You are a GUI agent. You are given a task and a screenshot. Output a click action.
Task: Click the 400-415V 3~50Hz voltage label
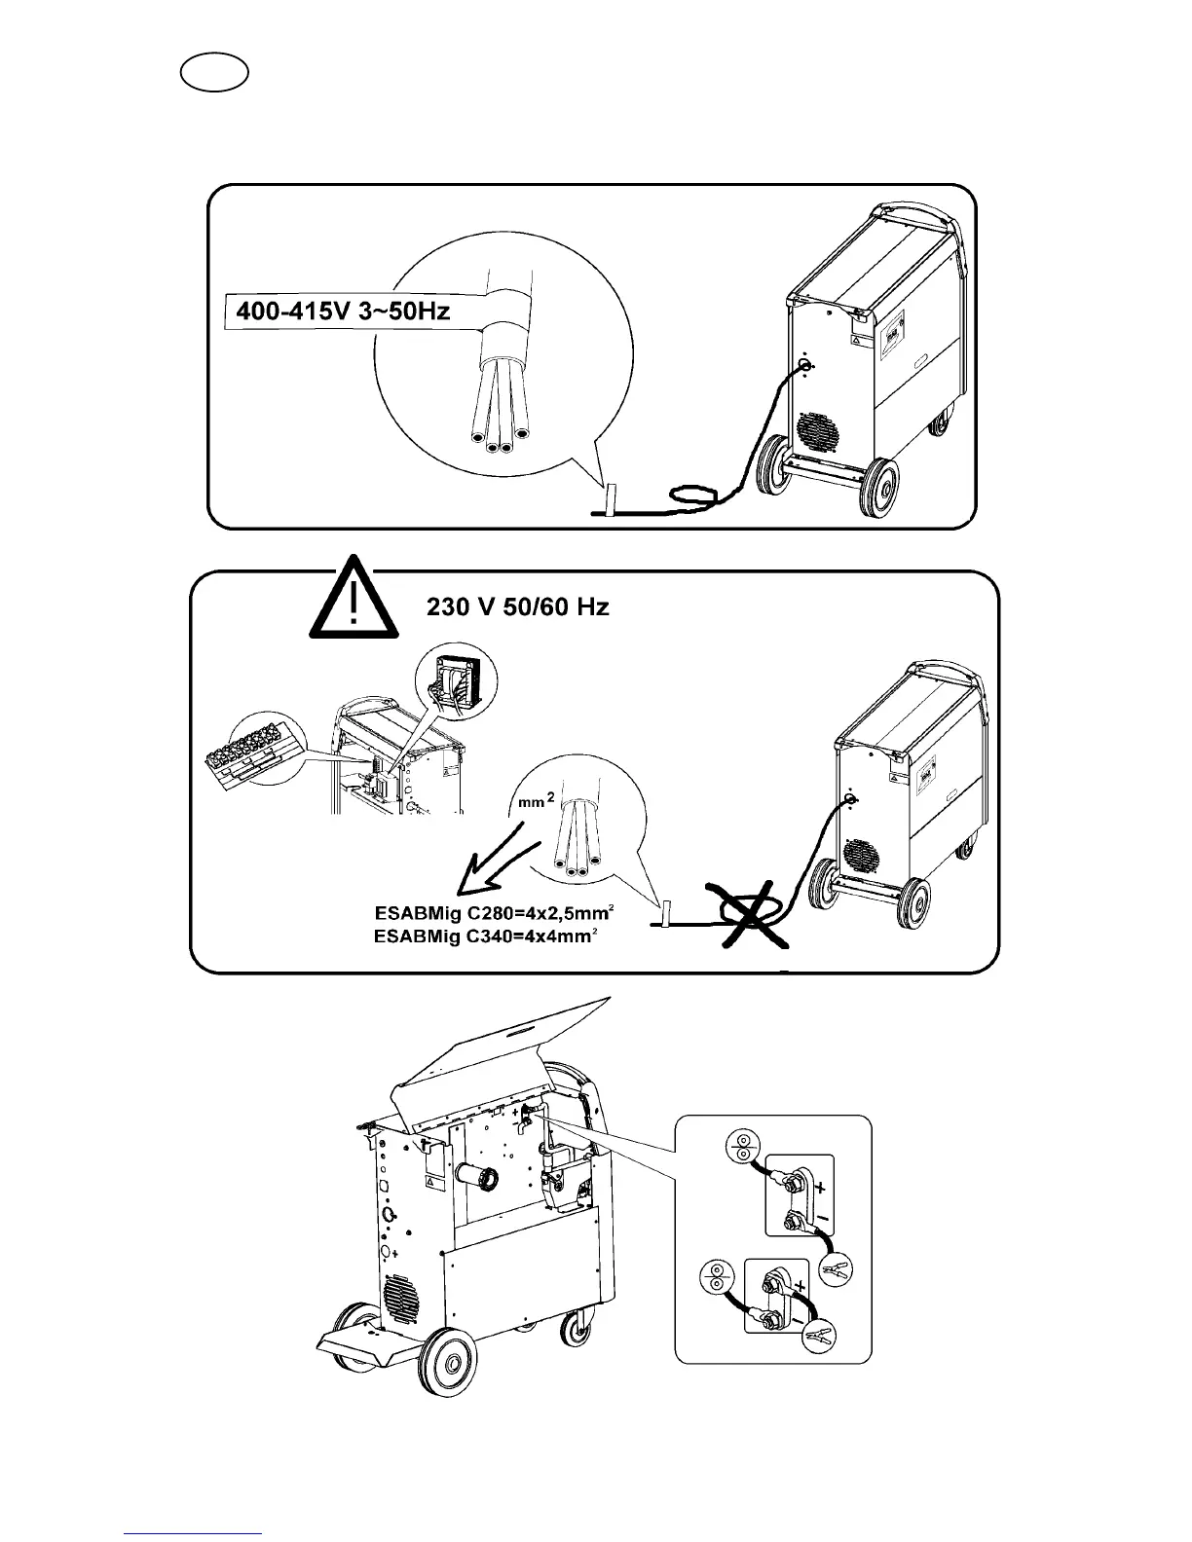(343, 313)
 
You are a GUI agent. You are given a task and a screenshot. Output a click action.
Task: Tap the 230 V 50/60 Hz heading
(518, 607)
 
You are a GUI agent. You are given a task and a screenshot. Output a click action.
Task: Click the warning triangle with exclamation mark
(354, 602)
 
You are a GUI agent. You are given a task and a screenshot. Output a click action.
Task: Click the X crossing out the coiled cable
(751, 912)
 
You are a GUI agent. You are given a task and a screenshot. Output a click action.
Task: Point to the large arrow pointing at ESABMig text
(494, 856)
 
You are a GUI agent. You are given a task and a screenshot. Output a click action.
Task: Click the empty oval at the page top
(214, 73)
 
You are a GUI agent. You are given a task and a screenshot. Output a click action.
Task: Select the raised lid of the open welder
(506, 1043)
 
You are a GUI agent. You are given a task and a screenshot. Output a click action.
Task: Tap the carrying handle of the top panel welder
(915, 211)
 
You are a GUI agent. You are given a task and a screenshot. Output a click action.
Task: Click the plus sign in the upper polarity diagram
(817, 1188)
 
